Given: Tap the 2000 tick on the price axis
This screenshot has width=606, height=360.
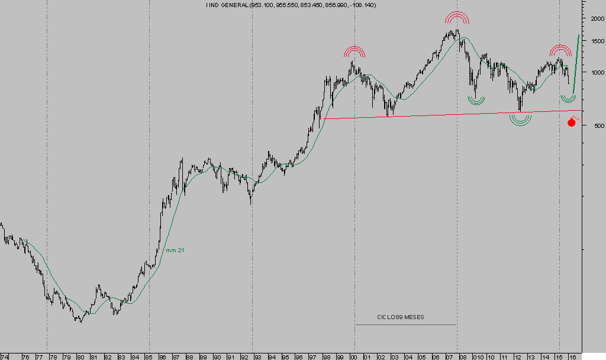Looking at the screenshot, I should coord(592,18).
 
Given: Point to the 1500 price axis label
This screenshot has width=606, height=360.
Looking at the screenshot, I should coord(592,41).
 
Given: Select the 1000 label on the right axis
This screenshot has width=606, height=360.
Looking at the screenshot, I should coord(592,73).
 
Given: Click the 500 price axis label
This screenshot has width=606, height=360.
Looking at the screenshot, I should coord(591,126).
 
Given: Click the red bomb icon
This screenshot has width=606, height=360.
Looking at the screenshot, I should coord(572,122).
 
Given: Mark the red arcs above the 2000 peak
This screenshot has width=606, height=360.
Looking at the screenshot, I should coord(354,52).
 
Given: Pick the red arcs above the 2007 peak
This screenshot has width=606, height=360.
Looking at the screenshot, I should coord(457,18).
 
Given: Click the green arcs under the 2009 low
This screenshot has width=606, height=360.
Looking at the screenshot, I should coord(475,100).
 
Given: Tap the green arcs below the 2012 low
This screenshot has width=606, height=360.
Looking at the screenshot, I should coord(520,120).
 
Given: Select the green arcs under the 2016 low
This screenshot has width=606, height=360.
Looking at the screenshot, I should coord(568,98).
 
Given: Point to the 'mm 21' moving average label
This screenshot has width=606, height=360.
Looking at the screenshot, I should coord(175,251).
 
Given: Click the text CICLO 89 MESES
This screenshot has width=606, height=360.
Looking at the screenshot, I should coord(401,317).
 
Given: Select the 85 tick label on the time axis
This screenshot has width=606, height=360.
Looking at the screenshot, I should coord(149,357).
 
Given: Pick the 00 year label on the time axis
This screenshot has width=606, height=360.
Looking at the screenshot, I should coord(355,357).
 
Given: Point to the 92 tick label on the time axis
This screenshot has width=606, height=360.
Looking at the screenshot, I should coord(245,357).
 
